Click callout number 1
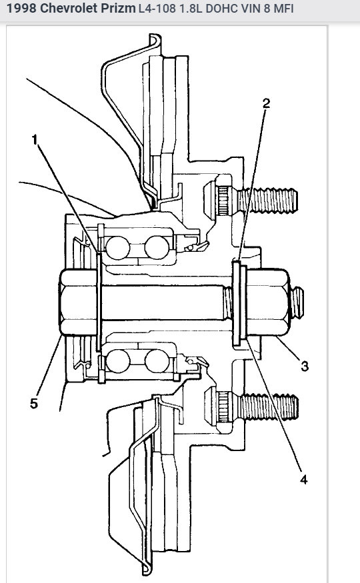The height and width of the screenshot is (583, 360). [34, 141]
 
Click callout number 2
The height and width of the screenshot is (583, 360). [267, 103]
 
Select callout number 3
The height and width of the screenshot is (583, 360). [305, 366]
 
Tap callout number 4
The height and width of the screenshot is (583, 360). [304, 478]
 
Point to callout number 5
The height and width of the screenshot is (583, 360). [34, 404]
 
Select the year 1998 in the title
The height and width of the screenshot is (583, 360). [19, 9]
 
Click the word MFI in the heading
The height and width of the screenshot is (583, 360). [283, 9]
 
